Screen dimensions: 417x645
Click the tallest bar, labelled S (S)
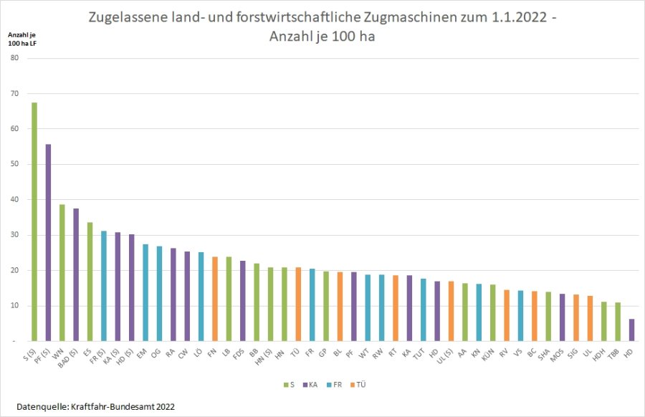point(34,222)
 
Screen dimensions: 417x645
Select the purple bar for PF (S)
point(48,243)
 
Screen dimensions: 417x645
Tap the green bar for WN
point(62,273)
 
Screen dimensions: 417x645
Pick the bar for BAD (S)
point(76,275)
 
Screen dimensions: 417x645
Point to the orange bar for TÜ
point(298,305)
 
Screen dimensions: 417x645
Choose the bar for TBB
point(618,322)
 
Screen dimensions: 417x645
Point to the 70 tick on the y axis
point(14,93)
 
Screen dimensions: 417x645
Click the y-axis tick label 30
point(14,235)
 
